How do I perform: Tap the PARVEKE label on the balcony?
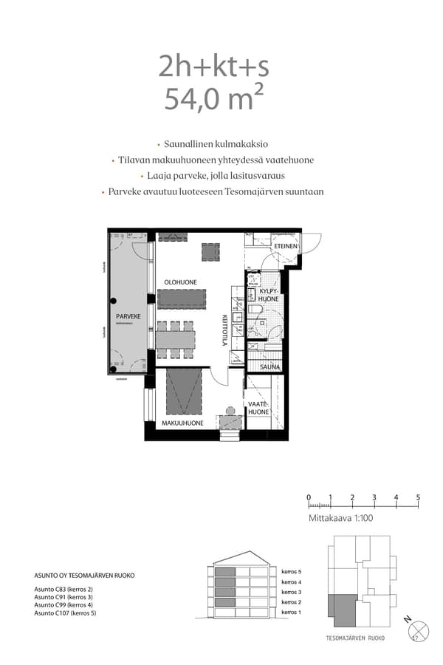128,316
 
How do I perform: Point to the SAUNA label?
269,366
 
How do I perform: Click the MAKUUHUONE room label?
183,423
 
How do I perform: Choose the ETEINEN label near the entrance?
286,246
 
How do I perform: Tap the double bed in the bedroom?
184,392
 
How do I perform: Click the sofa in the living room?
181,299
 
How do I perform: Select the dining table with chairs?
176,337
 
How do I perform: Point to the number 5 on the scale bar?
418,497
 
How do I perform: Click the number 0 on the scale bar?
309,497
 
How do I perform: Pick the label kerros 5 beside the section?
292,571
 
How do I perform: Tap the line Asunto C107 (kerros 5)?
65,613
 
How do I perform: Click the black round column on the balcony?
114,301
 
